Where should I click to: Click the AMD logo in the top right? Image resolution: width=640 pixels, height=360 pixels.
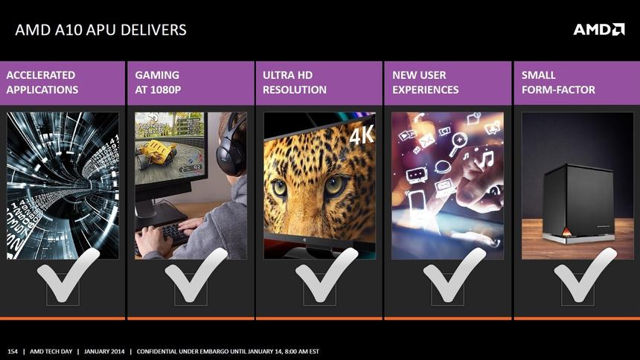tap(598, 29)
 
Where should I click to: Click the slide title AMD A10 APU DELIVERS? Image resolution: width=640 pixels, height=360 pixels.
tap(100, 30)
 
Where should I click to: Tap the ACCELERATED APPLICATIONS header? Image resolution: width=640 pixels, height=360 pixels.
tap(42, 83)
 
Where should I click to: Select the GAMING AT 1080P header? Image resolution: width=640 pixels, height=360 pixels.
tap(157, 83)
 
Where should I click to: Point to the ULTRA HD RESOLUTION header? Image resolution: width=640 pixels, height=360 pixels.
tap(295, 83)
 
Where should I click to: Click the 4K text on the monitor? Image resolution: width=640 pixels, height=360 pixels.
tap(361, 136)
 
